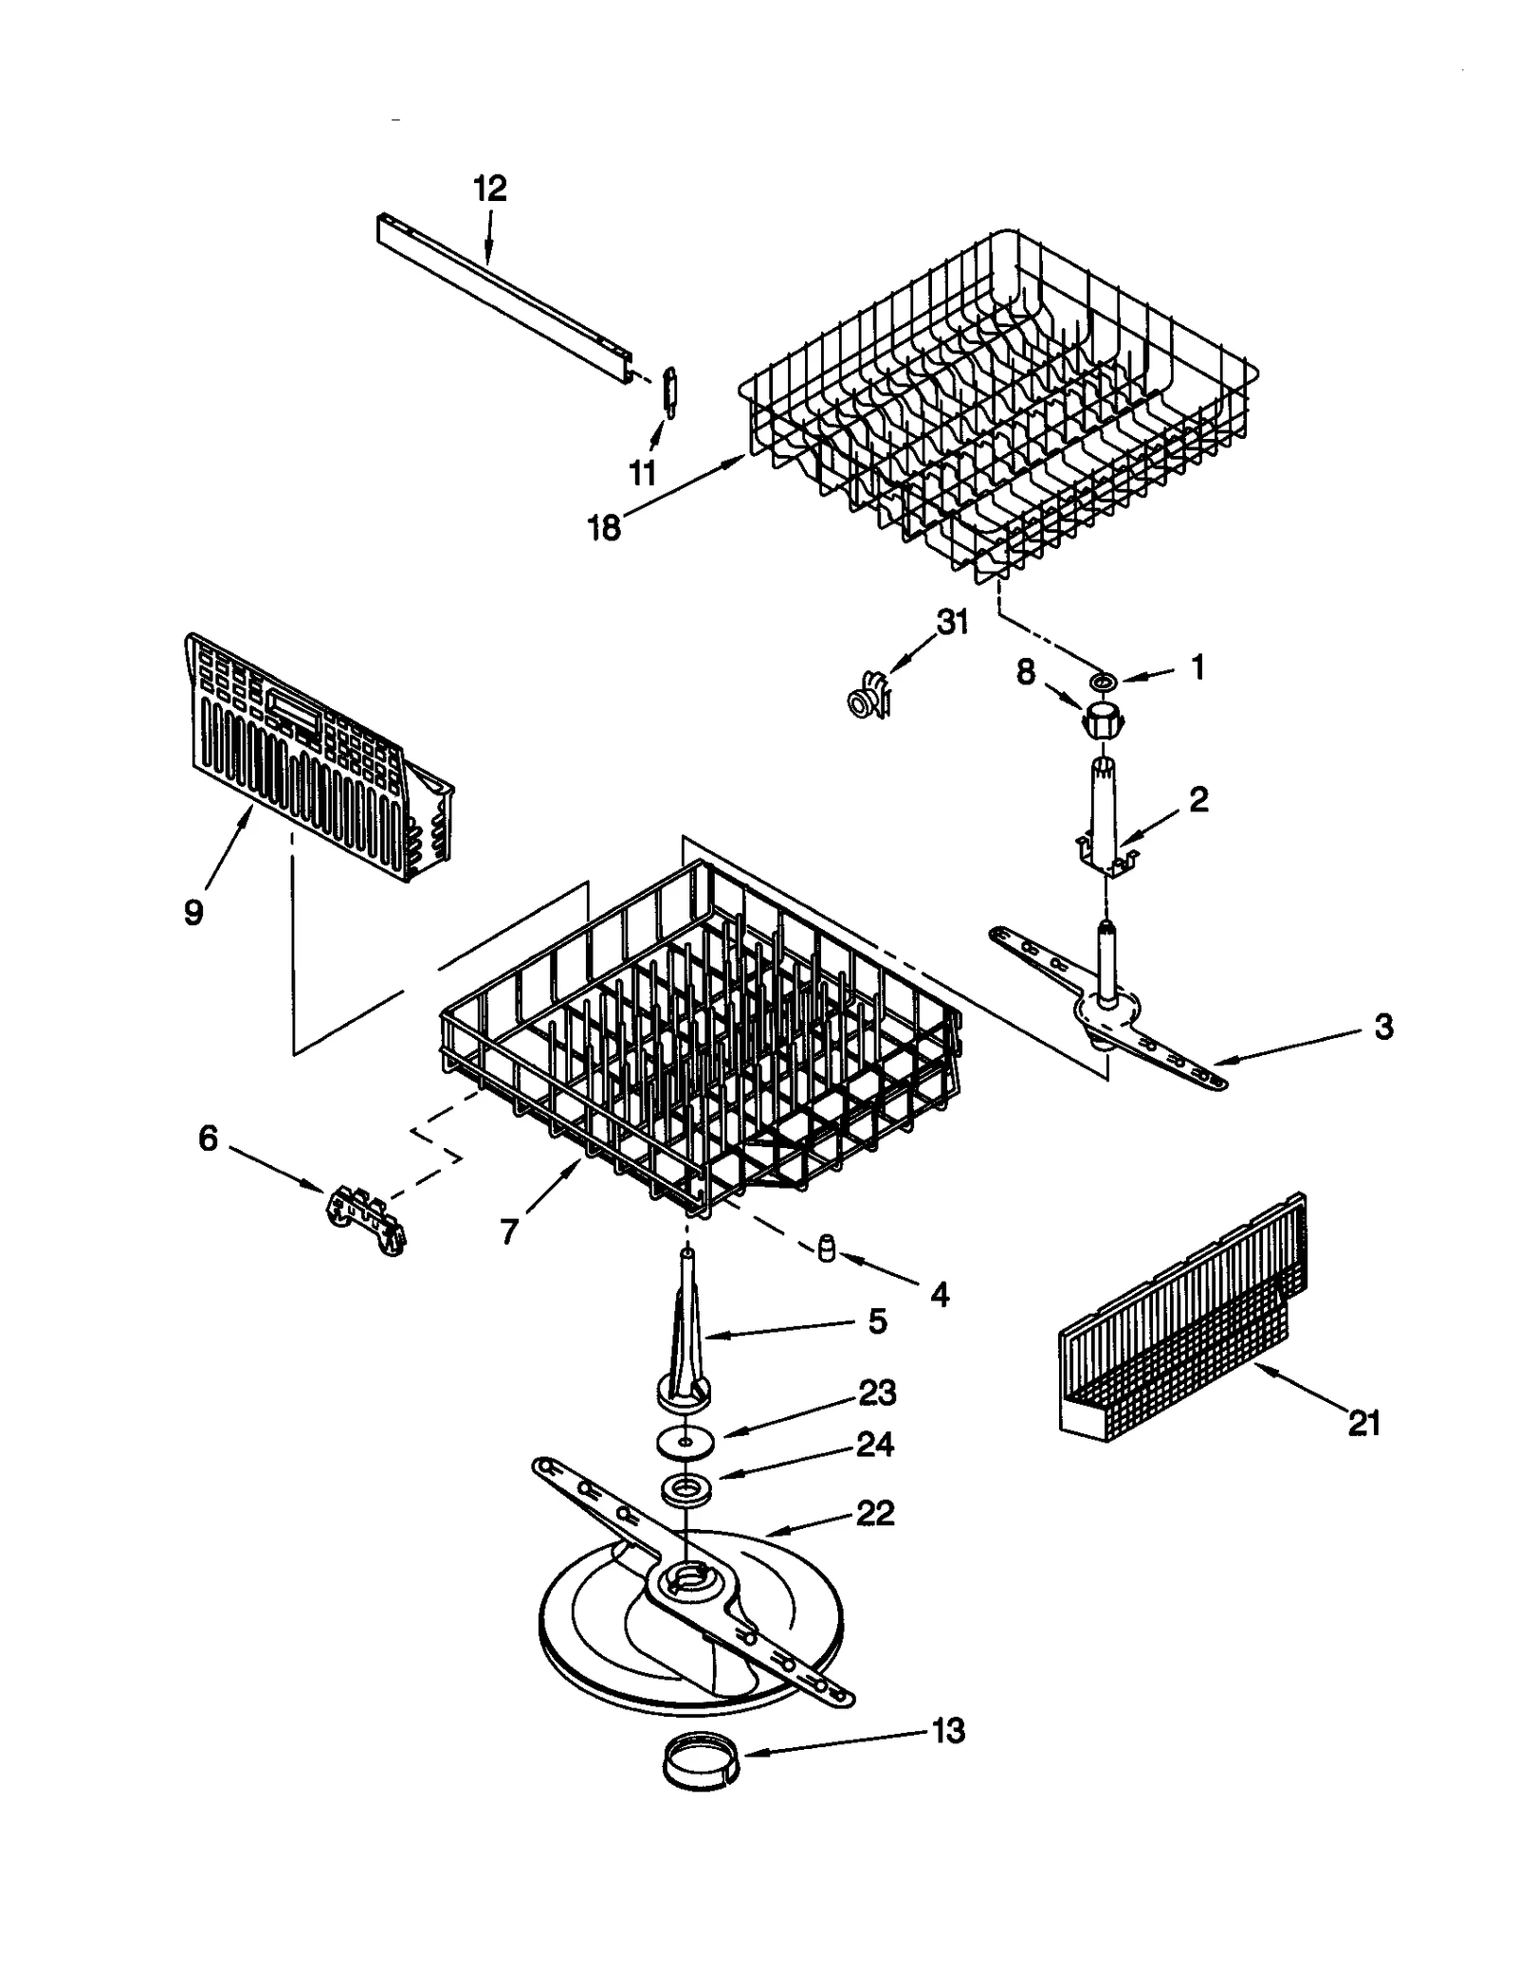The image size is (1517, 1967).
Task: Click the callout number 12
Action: pos(490,189)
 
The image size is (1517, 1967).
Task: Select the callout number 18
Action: pos(604,528)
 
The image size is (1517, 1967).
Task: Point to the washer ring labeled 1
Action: pos(1104,682)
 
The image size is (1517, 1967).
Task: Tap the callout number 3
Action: pos(1383,1026)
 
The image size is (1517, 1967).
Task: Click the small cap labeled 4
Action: pos(826,1250)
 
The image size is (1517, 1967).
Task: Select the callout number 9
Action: pos(193,912)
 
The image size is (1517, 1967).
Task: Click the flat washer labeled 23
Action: pos(683,1440)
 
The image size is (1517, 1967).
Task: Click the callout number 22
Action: pos(874,1513)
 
